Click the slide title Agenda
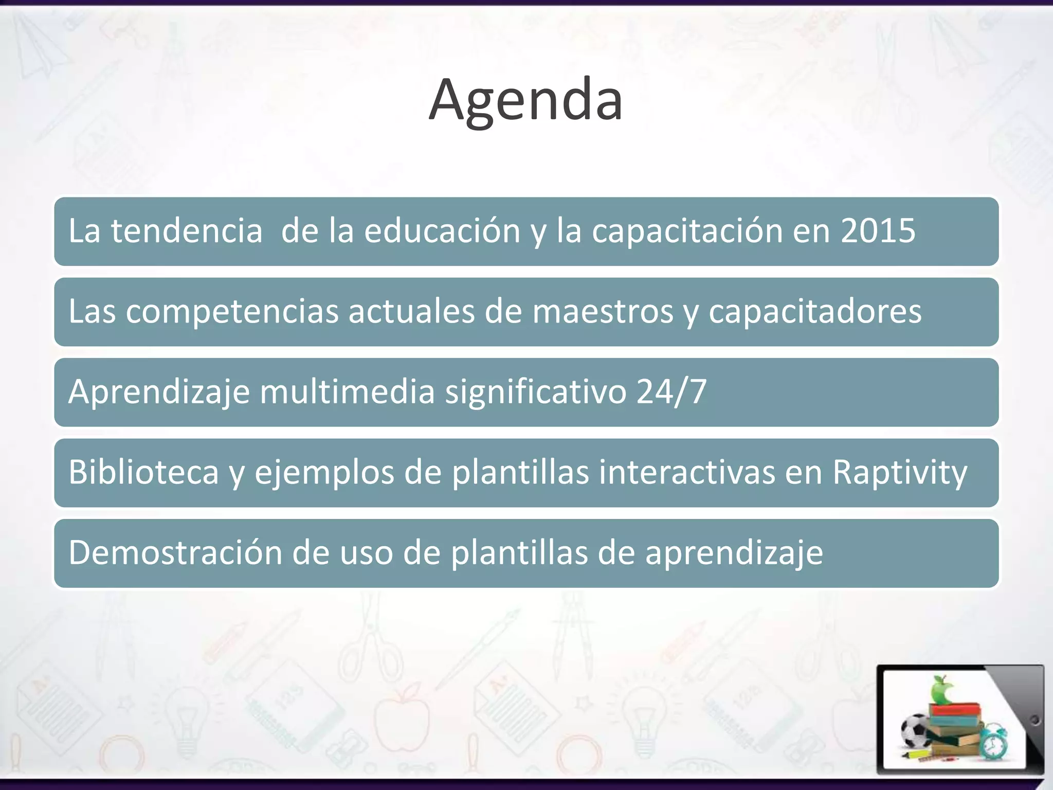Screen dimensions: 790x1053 click(526, 100)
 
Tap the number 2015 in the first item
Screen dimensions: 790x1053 click(878, 231)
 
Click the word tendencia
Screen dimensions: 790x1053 click(187, 231)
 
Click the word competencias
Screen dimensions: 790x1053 click(232, 312)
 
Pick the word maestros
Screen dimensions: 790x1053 click(603, 312)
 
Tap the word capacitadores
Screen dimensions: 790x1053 click(815, 312)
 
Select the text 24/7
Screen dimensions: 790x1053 click(671, 392)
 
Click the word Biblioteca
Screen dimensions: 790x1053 click(144, 472)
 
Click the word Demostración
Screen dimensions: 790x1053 click(175, 553)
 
